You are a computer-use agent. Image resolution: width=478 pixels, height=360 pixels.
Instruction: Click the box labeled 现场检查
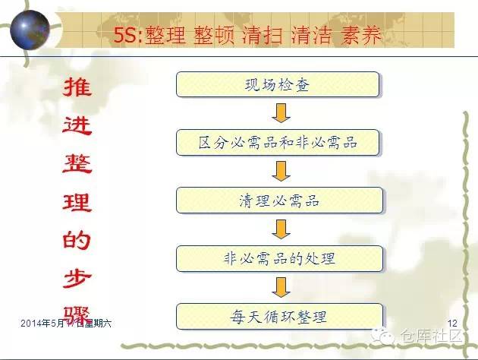(x=278, y=84)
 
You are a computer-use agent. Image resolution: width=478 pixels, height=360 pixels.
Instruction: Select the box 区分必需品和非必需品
(x=278, y=142)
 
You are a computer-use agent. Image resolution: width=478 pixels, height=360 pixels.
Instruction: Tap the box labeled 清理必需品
(x=278, y=200)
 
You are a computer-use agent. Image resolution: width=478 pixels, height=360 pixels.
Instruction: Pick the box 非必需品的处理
(x=278, y=258)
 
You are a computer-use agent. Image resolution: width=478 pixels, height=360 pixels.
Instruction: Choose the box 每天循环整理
(x=278, y=316)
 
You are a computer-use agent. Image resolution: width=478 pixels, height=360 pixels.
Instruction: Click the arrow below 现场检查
(x=279, y=113)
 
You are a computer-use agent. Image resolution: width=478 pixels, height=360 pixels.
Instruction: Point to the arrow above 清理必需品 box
(x=279, y=171)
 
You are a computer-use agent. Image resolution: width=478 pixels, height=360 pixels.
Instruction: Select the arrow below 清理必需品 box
(x=279, y=229)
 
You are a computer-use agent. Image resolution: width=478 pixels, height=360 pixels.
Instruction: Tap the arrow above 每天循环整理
(x=279, y=286)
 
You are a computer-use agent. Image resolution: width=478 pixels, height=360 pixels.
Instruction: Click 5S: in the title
(x=126, y=35)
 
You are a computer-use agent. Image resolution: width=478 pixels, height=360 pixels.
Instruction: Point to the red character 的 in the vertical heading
(x=76, y=242)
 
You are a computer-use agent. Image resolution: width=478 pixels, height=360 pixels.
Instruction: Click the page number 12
(x=454, y=324)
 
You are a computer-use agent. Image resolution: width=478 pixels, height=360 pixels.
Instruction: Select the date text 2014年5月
(x=41, y=324)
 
